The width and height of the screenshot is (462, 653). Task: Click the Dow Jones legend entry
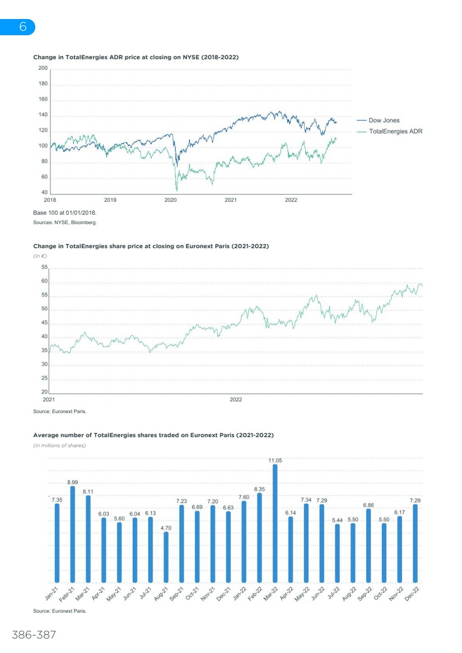pyautogui.click(x=384, y=120)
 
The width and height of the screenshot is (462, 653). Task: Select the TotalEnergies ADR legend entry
pyautogui.click(x=395, y=131)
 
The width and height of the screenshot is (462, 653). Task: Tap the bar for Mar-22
pyautogui.click(x=275, y=523)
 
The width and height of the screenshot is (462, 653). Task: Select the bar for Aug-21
pyautogui.click(x=166, y=557)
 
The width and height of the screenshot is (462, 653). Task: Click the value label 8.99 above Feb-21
pyautogui.click(x=73, y=482)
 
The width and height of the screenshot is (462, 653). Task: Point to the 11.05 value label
pyautogui.click(x=275, y=461)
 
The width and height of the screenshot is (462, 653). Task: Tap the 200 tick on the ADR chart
pyautogui.click(x=43, y=68)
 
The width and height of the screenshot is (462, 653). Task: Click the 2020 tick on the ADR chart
pyautogui.click(x=170, y=200)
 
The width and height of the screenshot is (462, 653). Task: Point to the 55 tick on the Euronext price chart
pyautogui.click(x=44, y=268)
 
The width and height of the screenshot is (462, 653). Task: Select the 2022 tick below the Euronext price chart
pyautogui.click(x=236, y=400)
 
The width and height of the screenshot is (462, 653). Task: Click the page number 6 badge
pyautogui.click(x=22, y=27)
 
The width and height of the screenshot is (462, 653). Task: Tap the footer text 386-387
pyautogui.click(x=34, y=635)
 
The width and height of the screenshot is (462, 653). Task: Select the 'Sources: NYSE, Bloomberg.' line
pyautogui.click(x=65, y=223)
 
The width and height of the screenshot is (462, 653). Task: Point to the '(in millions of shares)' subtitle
pyautogui.click(x=59, y=446)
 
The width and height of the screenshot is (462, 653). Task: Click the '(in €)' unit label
pyautogui.click(x=40, y=255)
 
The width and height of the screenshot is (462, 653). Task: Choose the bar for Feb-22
pyautogui.click(x=259, y=537)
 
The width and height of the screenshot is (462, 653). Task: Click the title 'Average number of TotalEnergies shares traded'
pyautogui.click(x=153, y=435)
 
